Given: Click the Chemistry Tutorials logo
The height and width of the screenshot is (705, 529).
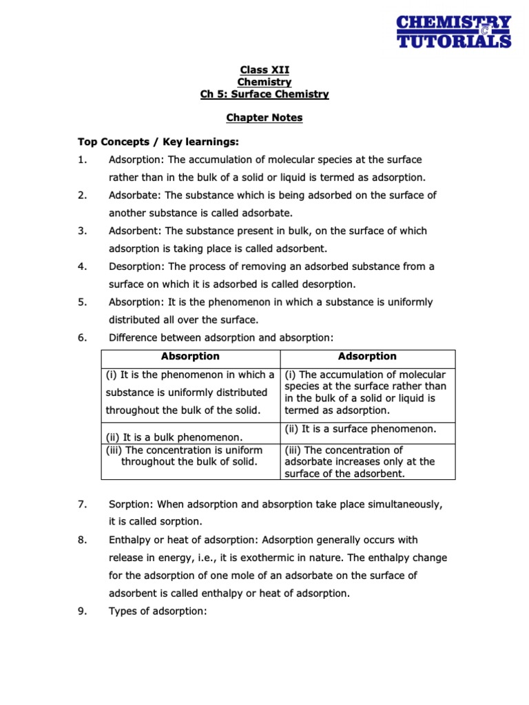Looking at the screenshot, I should coord(454,32).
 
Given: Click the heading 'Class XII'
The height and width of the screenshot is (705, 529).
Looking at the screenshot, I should coord(264,70).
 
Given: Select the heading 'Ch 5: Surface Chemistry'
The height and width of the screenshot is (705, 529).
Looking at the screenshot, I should coord(264,94).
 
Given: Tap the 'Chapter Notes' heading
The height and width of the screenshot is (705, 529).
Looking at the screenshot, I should coord(264,118).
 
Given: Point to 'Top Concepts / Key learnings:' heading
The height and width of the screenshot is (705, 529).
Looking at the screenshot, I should coord(158,142).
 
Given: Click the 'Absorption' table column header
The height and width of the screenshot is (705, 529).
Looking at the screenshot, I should coord(190,357).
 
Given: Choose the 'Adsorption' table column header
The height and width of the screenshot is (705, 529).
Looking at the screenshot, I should coord(367,357).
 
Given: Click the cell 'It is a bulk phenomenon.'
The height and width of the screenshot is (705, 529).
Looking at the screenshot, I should coord(174,437).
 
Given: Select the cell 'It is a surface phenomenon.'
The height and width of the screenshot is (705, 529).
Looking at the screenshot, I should coord(360,429).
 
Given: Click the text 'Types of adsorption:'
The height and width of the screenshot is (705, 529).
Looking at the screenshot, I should coord(158,611).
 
